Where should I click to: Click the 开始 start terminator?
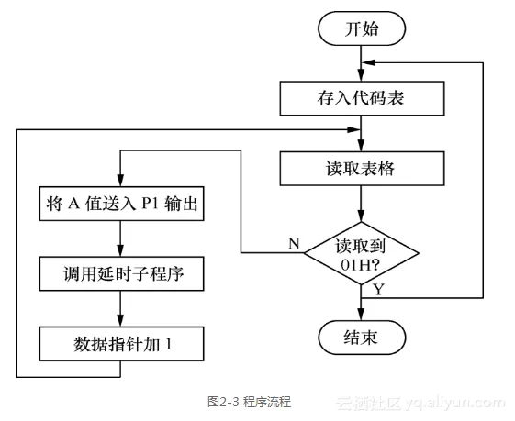[361, 28]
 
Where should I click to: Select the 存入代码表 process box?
[361, 95]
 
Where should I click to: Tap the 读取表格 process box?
[361, 170]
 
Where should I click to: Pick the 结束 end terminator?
[361, 337]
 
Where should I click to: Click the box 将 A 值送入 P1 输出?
[121, 203]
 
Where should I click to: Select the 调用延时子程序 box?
[121, 273]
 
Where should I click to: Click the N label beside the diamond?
[294, 243]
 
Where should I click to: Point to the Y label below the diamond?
[378, 290]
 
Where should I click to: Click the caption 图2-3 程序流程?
[250, 402]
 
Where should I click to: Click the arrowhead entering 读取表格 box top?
[361, 148]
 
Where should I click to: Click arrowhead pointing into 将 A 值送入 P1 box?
[121, 183]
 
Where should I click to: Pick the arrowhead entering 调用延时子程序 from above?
[121, 253]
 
